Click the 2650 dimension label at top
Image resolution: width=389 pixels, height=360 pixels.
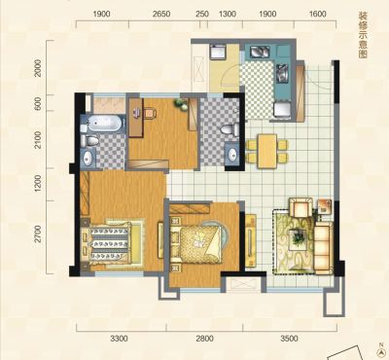point(161,14)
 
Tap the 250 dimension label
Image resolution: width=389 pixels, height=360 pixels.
point(202,14)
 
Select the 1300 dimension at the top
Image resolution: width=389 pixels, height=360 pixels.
point(228,14)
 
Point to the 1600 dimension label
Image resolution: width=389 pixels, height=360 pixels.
point(317,14)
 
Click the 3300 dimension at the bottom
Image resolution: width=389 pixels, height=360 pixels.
point(119,339)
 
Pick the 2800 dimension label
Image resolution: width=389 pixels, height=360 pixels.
point(204,339)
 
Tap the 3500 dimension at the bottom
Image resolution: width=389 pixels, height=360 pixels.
point(289,339)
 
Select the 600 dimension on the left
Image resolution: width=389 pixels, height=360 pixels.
point(38,103)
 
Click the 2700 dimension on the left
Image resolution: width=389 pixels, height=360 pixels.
point(38,234)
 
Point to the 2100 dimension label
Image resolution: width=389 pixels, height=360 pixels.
point(38,140)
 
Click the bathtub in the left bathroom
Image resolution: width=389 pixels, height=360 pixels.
point(104,124)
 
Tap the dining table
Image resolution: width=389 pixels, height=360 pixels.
point(267,151)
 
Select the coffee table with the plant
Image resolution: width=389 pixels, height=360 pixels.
point(298,239)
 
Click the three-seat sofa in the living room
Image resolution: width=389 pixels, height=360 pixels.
point(324,248)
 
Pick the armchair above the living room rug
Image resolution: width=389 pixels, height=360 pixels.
point(301,207)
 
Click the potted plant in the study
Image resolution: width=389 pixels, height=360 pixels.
point(181,105)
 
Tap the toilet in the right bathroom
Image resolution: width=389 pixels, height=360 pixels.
point(230,130)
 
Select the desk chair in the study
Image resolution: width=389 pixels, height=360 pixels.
point(150,113)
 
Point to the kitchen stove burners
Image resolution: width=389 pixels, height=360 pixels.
point(282,72)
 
